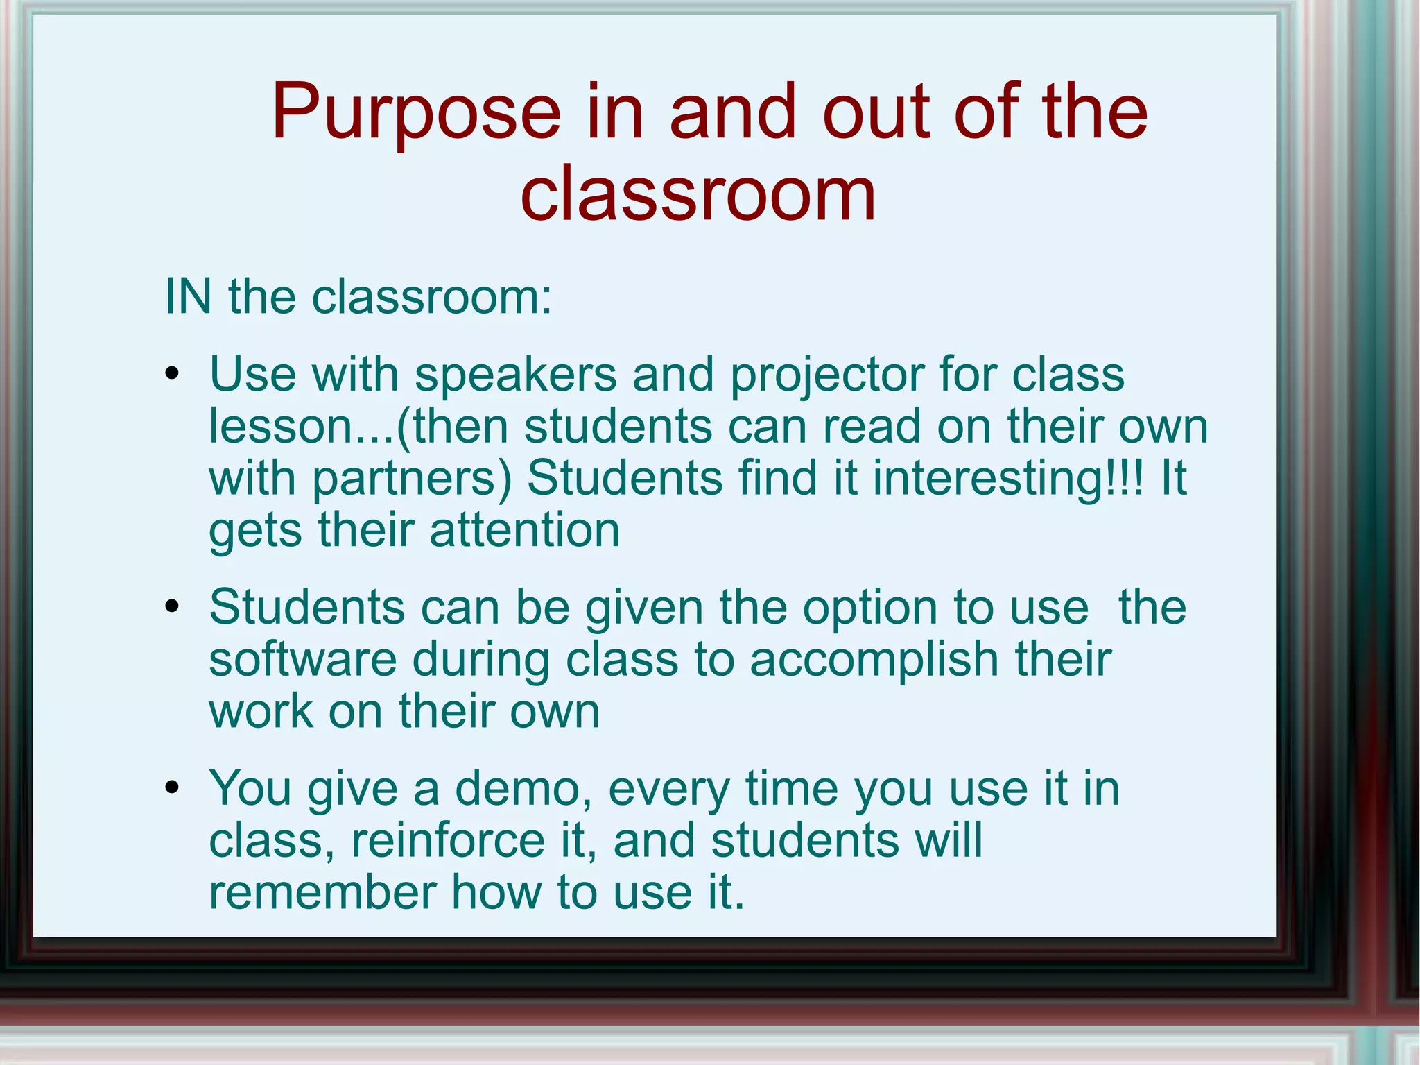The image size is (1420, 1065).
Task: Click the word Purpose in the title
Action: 415,113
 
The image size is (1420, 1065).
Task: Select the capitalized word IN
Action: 188,297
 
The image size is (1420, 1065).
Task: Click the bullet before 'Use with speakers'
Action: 173,375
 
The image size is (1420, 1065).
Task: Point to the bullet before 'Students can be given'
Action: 173,608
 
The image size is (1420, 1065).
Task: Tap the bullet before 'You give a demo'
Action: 173,789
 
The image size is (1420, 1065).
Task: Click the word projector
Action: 826,375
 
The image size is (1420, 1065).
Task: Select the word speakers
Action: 515,375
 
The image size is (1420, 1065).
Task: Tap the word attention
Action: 524,530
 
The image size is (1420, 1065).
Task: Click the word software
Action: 302,659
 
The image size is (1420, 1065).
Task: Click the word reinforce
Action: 448,840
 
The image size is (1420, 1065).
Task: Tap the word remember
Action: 322,892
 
